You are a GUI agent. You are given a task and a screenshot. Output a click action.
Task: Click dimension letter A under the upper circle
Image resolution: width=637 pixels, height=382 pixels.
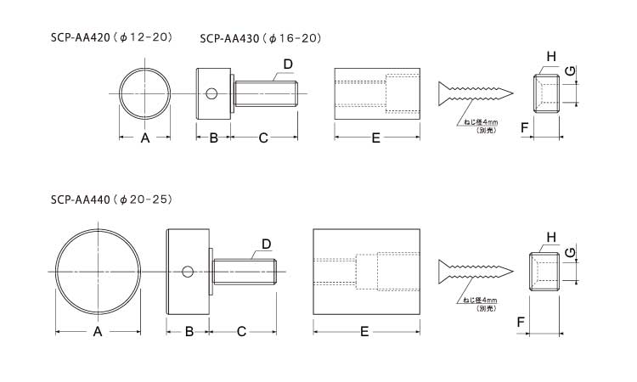click(145, 138)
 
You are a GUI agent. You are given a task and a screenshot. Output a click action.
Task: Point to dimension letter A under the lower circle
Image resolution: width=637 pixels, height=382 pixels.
click(98, 332)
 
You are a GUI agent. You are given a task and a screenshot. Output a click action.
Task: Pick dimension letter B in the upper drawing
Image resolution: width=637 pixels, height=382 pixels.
click(214, 138)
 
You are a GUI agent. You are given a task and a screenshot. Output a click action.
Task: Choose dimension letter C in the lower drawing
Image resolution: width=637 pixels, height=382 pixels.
click(241, 332)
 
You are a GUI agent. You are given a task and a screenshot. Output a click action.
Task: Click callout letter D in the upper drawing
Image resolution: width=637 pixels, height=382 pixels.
click(288, 65)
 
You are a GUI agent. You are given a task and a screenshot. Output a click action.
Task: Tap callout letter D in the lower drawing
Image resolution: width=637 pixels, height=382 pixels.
click(267, 244)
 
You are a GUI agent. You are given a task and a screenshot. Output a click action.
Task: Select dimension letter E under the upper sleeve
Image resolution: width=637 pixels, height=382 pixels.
click(376, 138)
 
